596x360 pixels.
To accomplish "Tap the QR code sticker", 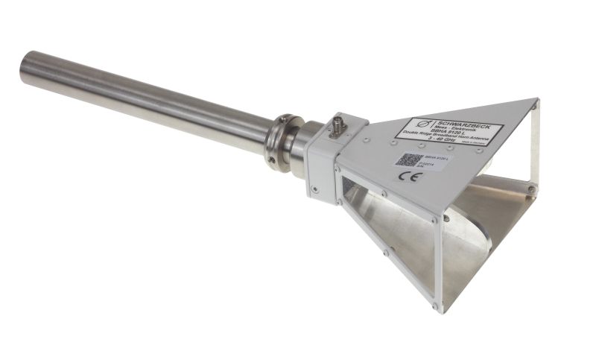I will pyautogui.click(x=408, y=160).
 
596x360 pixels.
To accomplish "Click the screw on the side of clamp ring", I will pyautogui.click(x=273, y=158).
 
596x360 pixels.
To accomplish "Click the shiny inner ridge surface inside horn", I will pyautogui.click(x=462, y=224).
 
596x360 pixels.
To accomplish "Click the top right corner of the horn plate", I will pyautogui.click(x=536, y=100).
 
